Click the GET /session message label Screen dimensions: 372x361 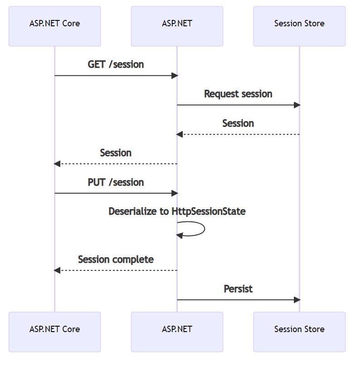click(x=116, y=64)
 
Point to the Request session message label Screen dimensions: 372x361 click(x=238, y=94)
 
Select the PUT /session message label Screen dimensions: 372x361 click(x=116, y=182)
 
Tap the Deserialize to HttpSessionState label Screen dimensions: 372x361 click(x=177, y=211)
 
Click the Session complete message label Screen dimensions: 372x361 click(x=116, y=259)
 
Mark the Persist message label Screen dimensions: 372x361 click(x=238, y=289)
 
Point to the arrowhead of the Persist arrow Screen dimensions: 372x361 click(x=297, y=300)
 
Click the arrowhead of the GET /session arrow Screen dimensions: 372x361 click(x=175, y=76)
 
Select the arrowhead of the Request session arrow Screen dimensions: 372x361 click(x=297, y=105)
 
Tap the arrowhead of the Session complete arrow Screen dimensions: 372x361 click(x=57, y=270)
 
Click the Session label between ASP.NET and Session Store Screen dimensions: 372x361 click(x=238, y=123)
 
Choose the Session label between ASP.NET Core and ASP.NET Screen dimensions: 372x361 click(x=116, y=153)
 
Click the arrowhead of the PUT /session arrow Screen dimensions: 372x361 click(x=175, y=193)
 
